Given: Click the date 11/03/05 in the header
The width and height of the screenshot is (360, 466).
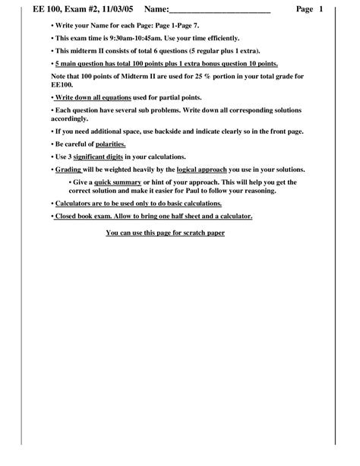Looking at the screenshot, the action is point(115,10).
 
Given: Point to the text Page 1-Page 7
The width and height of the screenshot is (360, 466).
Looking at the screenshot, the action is point(175,25).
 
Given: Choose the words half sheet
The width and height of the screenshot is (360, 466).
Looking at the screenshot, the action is point(192,216).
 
